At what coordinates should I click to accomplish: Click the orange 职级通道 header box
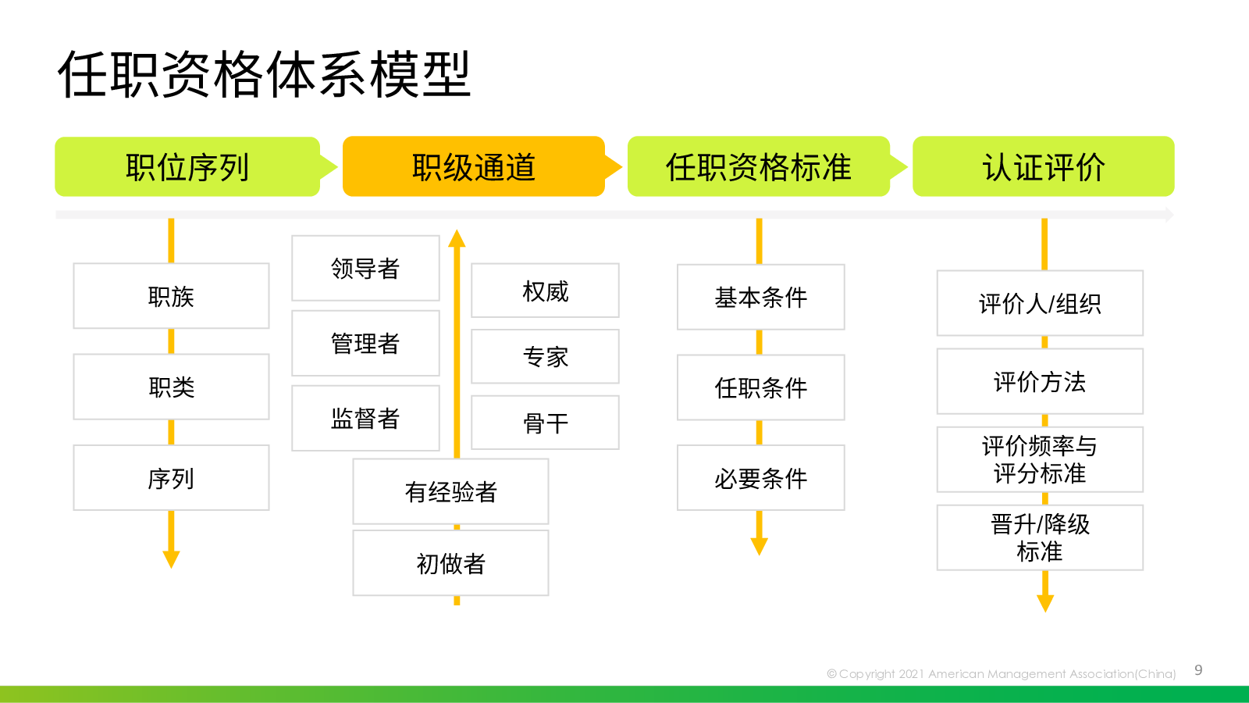point(474,166)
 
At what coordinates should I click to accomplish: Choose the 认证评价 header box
point(1043,166)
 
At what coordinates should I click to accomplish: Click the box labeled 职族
point(171,296)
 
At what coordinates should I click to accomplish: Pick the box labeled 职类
point(171,387)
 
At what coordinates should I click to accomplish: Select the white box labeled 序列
point(171,477)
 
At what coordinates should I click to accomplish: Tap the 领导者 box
point(365,268)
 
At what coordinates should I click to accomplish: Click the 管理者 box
point(365,343)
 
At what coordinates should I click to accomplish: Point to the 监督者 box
point(365,418)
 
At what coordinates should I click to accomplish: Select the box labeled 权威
point(546,291)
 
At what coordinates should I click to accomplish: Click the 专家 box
point(546,356)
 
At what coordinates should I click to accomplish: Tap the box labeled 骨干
point(546,423)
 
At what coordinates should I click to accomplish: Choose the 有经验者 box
point(450,491)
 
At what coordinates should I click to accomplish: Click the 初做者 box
point(450,563)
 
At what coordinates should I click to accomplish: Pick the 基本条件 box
point(760,297)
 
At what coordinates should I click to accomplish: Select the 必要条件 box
point(760,477)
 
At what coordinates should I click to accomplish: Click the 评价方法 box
point(1040,382)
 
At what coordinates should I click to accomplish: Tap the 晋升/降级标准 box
point(1040,538)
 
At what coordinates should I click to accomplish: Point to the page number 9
point(1198,670)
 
